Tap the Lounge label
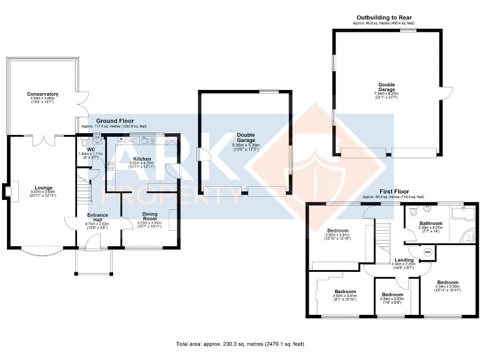(43, 187)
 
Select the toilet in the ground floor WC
(97, 139)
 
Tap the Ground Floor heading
(114, 120)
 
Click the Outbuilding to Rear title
(384, 18)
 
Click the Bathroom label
(431, 223)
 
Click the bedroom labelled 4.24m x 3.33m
(447, 282)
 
